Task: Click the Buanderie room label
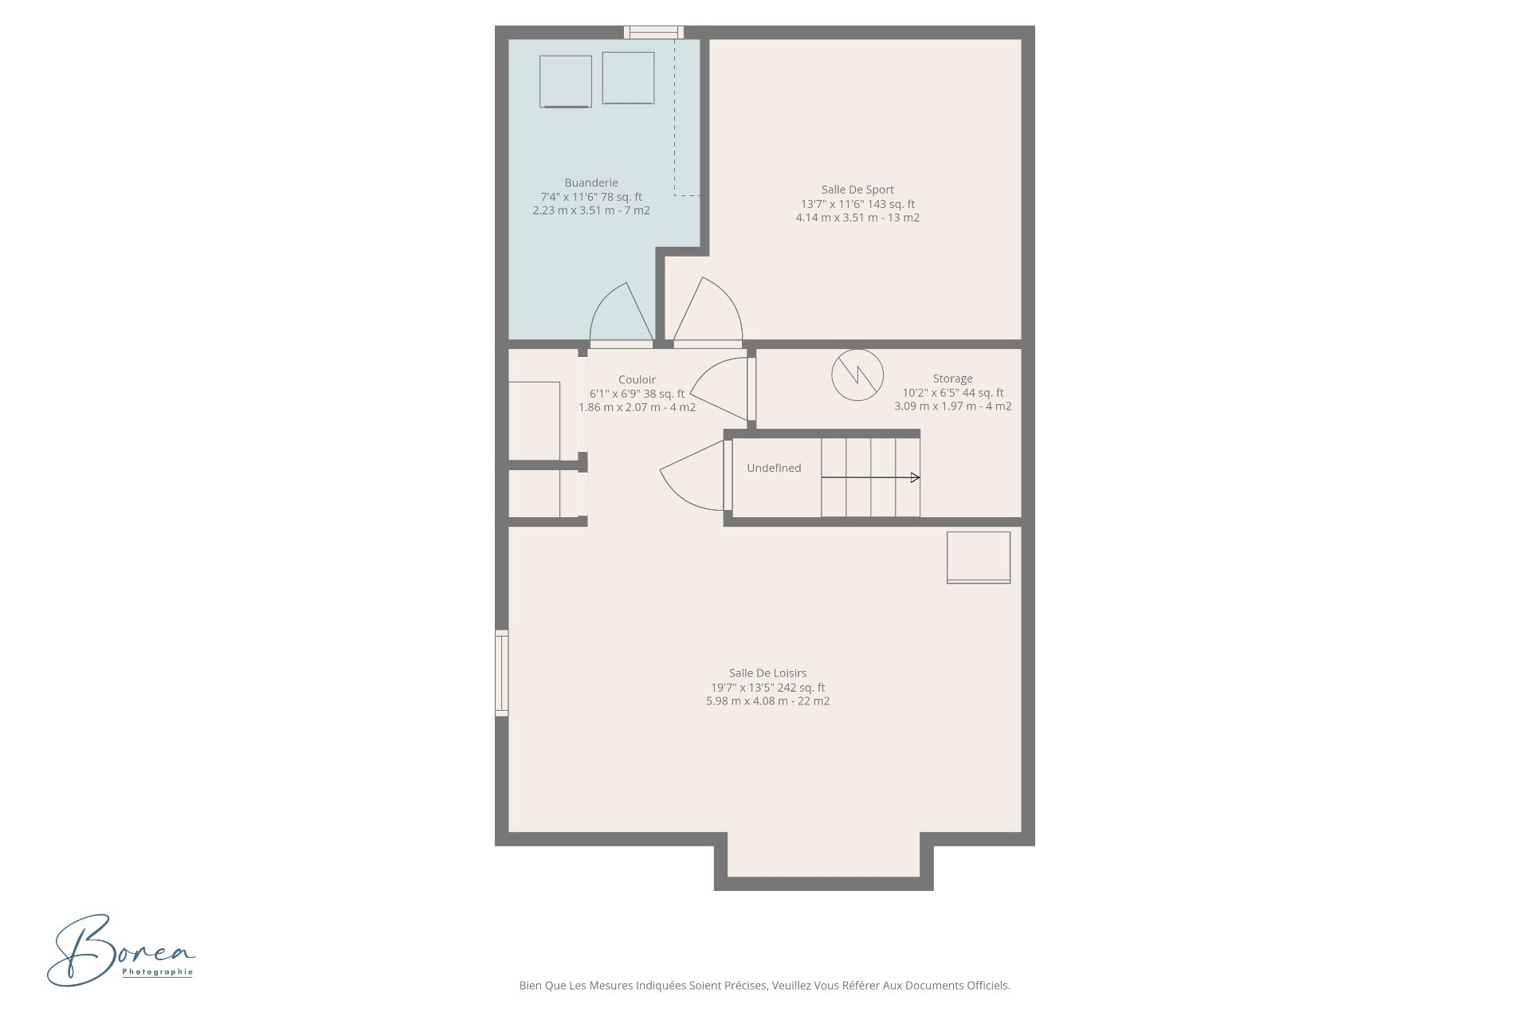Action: click(x=591, y=183)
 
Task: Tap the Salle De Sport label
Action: click(x=857, y=190)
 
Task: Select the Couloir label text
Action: click(x=637, y=380)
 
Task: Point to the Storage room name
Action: click(x=953, y=379)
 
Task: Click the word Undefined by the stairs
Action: click(x=774, y=468)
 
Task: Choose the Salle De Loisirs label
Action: click(x=768, y=673)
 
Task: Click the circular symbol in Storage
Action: click(x=857, y=375)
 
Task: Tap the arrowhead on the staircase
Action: click(x=916, y=477)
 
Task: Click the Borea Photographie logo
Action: click(x=121, y=950)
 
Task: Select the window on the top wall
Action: click(x=653, y=33)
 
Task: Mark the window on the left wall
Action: click(x=502, y=673)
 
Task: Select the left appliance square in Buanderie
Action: click(x=566, y=81)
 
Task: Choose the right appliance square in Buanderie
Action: click(x=629, y=78)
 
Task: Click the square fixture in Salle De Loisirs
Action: click(x=979, y=558)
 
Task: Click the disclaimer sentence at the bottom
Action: click(x=765, y=986)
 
